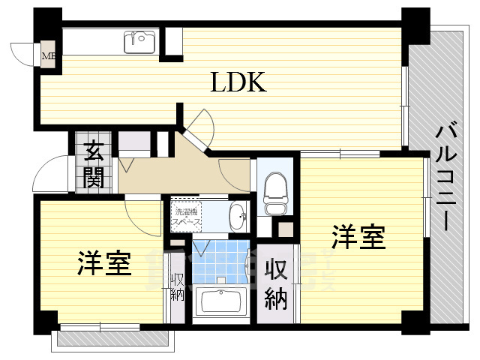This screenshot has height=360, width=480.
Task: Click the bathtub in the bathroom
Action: (222, 304)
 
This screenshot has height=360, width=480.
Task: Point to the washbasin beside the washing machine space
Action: (236, 216)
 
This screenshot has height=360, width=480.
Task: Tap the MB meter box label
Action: (48, 55)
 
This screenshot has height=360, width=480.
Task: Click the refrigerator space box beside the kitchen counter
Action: (173, 43)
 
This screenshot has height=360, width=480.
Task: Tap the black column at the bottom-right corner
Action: (413, 321)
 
